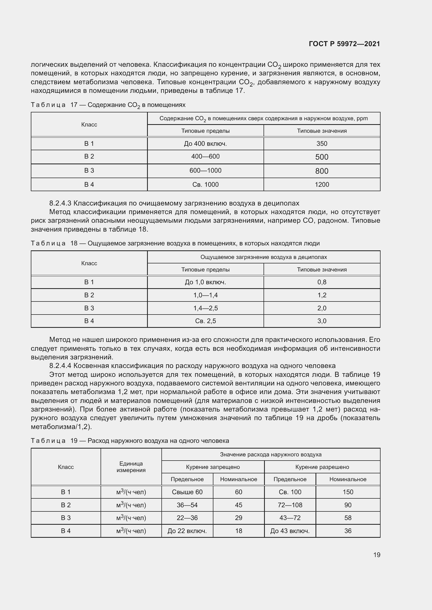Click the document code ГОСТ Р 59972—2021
click(344, 44)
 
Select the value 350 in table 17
click(322, 144)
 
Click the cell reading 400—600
click(205, 156)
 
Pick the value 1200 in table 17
click(322, 185)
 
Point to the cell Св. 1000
click(205, 185)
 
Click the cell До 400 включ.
click(205, 144)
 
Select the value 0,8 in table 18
click(322, 282)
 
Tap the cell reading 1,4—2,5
click(205, 308)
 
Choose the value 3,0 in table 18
click(322, 321)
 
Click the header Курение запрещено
click(213, 467)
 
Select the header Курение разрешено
click(322, 467)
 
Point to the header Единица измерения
click(131, 467)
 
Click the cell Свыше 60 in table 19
click(187, 492)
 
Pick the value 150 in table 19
click(348, 492)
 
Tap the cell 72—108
click(290, 505)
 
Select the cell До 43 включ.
click(290, 531)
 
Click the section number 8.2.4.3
click(60, 203)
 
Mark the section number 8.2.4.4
click(60, 366)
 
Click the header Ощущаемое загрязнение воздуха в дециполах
click(263, 257)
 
